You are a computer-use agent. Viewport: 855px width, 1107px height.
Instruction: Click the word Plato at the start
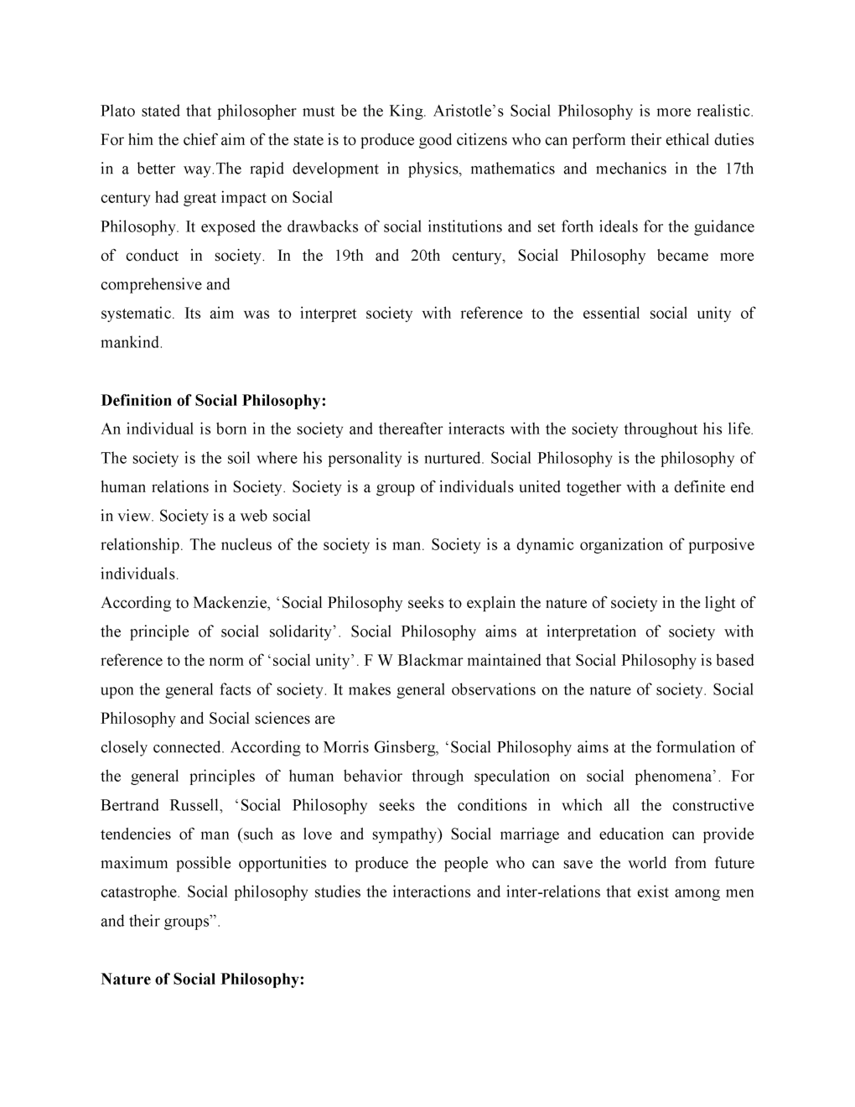pos(118,111)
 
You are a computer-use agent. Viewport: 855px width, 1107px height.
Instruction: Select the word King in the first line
pos(407,111)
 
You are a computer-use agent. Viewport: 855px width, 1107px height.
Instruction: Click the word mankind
pos(131,343)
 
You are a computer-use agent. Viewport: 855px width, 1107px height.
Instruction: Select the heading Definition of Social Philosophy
pos(213,401)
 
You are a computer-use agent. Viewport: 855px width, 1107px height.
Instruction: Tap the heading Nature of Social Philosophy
pos(202,980)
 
